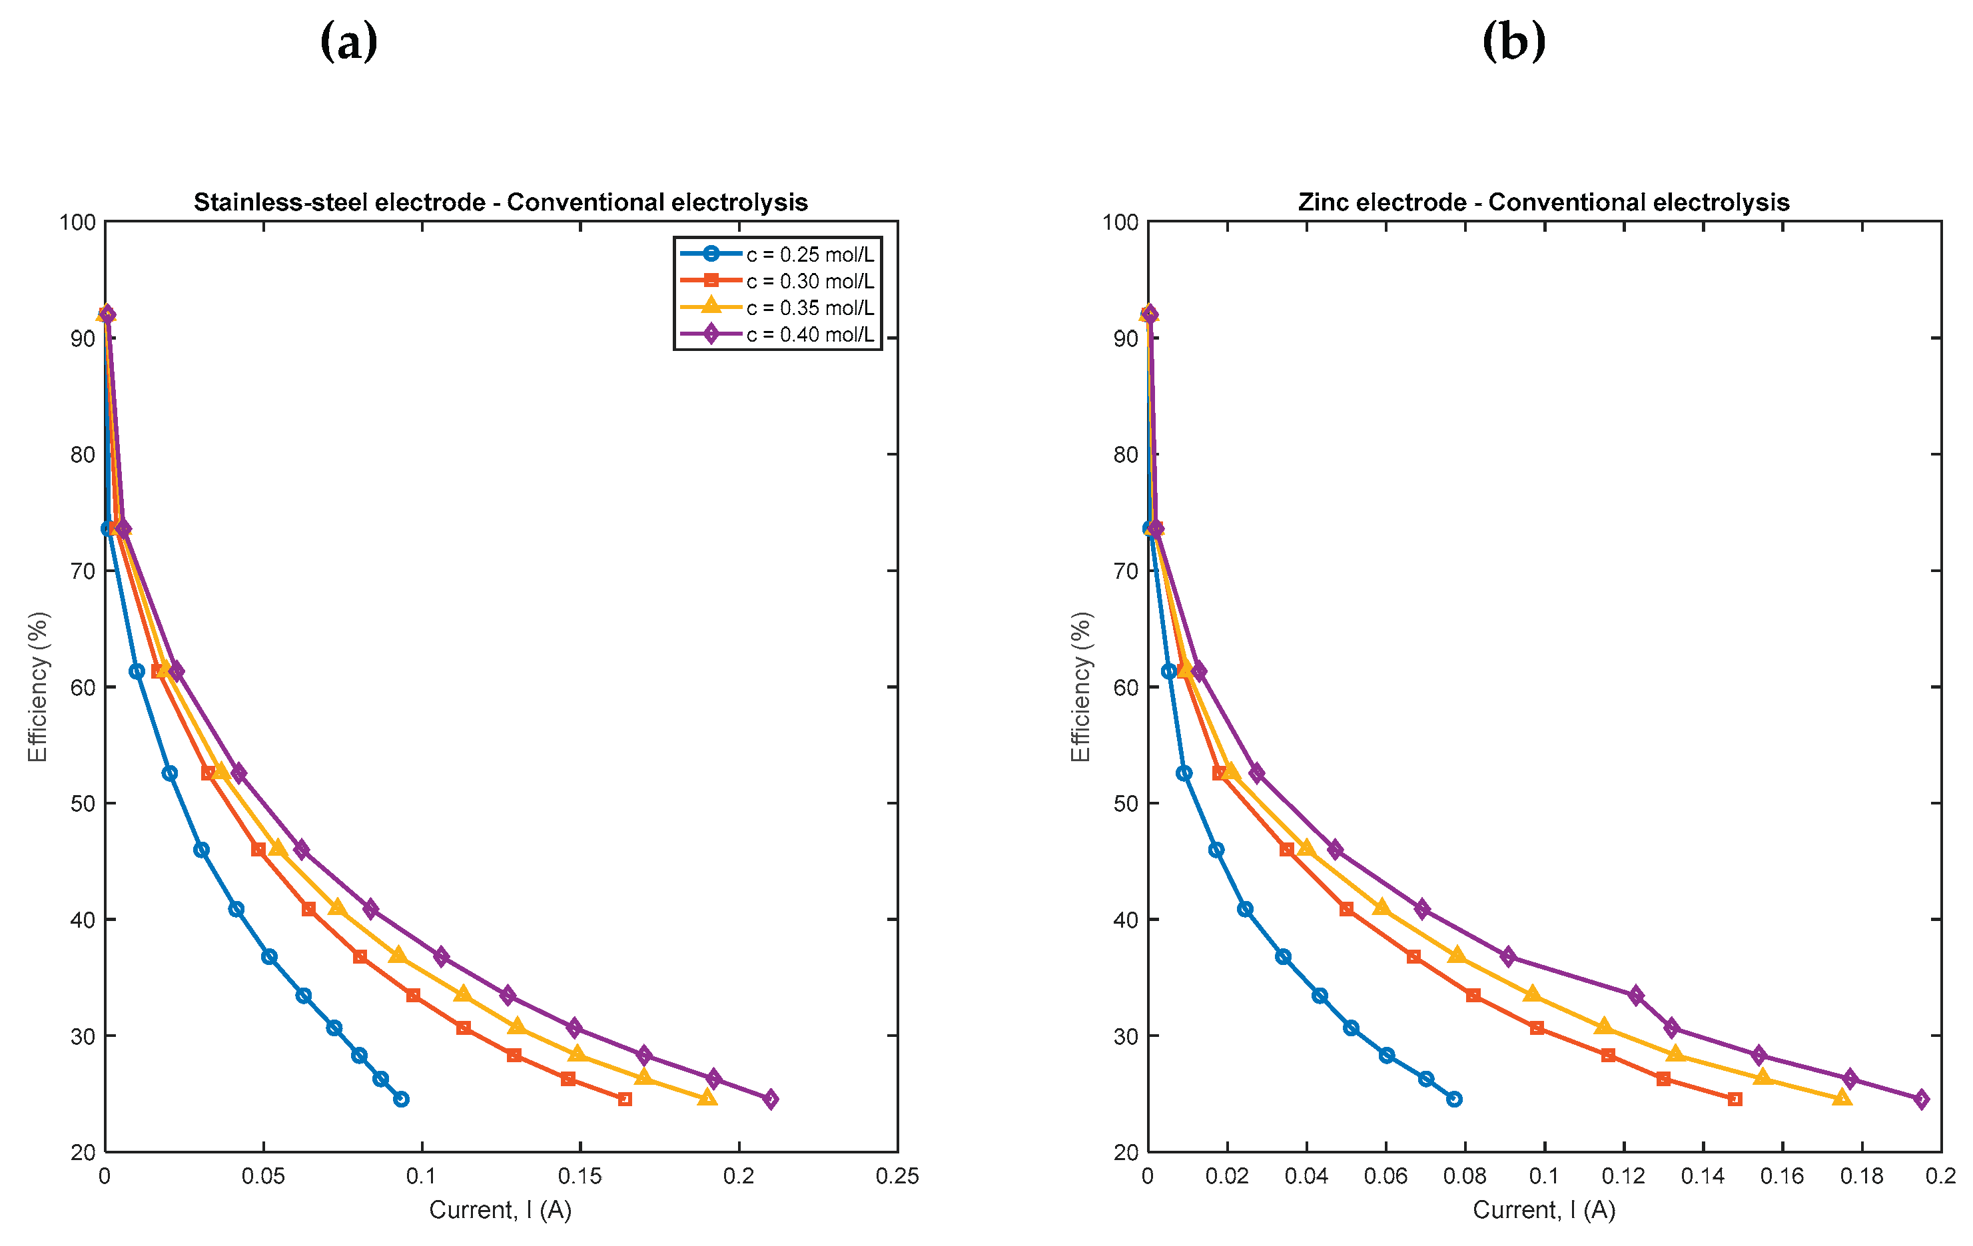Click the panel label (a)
(x=348, y=42)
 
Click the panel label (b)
(x=1513, y=42)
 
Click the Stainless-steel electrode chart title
(x=501, y=202)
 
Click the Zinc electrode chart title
(x=1543, y=202)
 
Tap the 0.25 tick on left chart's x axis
(x=897, y=1176)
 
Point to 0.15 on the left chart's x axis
(x=580, y=1176)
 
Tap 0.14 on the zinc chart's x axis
(x=1703, y=1176)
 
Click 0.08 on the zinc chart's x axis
(x=1465, y=1176)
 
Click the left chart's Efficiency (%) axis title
(x=38, y=687)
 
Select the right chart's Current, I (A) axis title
(x=1543, y=1210)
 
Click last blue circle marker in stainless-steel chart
(x=401, y=1099)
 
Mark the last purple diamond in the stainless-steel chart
(x=770, y=1099)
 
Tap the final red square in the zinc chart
(x=1735, y=1099)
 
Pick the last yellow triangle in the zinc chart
(x=1842, y=1097)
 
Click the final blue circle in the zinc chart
(x=1454, y=1099)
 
